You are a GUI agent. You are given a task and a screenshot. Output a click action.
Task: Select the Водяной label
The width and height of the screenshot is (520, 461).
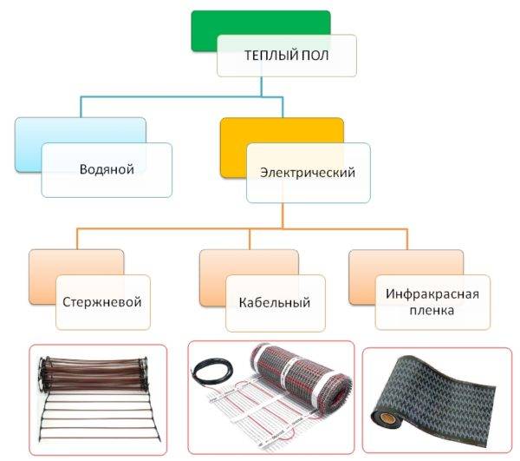pos(107,169)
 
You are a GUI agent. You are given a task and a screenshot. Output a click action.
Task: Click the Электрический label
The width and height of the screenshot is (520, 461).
pos(308,173)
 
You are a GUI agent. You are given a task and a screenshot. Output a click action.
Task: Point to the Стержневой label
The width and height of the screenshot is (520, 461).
pos(102,302)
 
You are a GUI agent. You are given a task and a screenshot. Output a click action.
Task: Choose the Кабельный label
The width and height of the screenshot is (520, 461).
pos(275,303)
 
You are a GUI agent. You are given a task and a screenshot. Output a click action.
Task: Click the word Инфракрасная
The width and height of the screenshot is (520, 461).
pos(432,294)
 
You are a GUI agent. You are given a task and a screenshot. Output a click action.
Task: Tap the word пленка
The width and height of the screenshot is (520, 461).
pos(432,311)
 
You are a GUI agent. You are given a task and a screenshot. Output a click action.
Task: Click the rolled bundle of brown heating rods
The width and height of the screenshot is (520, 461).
pos(94,374)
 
